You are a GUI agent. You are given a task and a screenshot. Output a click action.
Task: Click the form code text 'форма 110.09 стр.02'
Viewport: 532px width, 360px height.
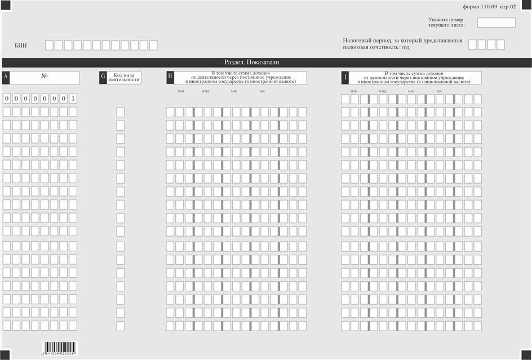tap(489, 7)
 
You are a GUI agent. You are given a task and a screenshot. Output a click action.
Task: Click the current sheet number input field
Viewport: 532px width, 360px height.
tap(496, 23)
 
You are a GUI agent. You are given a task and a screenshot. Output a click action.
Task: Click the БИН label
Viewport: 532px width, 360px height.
tap(21, 45)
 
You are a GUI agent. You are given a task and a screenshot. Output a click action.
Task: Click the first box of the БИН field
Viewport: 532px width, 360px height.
tap(50, 45)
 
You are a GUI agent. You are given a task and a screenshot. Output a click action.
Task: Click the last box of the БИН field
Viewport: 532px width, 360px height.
tap(153, 45)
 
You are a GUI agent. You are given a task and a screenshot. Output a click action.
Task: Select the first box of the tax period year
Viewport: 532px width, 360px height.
tap(472, 45)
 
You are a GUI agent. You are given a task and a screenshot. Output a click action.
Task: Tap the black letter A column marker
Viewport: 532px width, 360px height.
tap(6, 78)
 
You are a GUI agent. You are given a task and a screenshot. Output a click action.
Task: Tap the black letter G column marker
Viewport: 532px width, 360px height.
tap(103, 78)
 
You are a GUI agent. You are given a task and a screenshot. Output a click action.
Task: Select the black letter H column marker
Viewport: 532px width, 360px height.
tap(170, 78)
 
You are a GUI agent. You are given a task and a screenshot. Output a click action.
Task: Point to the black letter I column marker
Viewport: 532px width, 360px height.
tap(345, 78)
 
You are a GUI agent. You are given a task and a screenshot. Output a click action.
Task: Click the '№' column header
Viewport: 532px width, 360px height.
tap(44, 75)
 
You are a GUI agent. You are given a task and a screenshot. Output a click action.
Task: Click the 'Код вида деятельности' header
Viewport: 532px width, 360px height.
tap(126, 78)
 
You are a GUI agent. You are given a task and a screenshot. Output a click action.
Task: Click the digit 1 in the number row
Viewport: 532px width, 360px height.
tap(73, 99)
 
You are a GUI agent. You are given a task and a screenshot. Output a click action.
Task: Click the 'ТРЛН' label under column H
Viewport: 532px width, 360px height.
tap(180, 91)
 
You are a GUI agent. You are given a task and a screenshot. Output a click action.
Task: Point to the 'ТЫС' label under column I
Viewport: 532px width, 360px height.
tap(439, 91)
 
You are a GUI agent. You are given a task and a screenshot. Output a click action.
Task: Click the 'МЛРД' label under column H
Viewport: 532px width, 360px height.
tap(205, 91)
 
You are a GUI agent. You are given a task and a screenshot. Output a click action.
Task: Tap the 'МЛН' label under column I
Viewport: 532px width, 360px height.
tap(411, 91)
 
